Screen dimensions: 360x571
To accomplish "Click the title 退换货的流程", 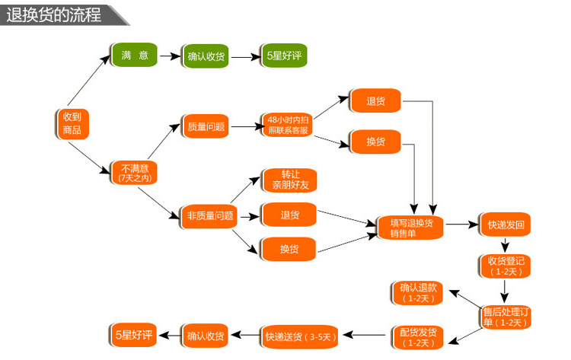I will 53,14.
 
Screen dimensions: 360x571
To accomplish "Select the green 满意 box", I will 133,56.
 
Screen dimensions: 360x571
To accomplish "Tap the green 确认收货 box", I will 206,56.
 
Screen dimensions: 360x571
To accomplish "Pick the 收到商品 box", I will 72,123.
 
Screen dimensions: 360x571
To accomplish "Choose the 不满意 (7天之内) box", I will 134,173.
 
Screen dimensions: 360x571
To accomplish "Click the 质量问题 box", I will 206,126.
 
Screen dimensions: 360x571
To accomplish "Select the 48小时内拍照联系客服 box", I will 288,125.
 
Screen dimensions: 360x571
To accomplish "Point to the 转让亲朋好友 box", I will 289,180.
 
